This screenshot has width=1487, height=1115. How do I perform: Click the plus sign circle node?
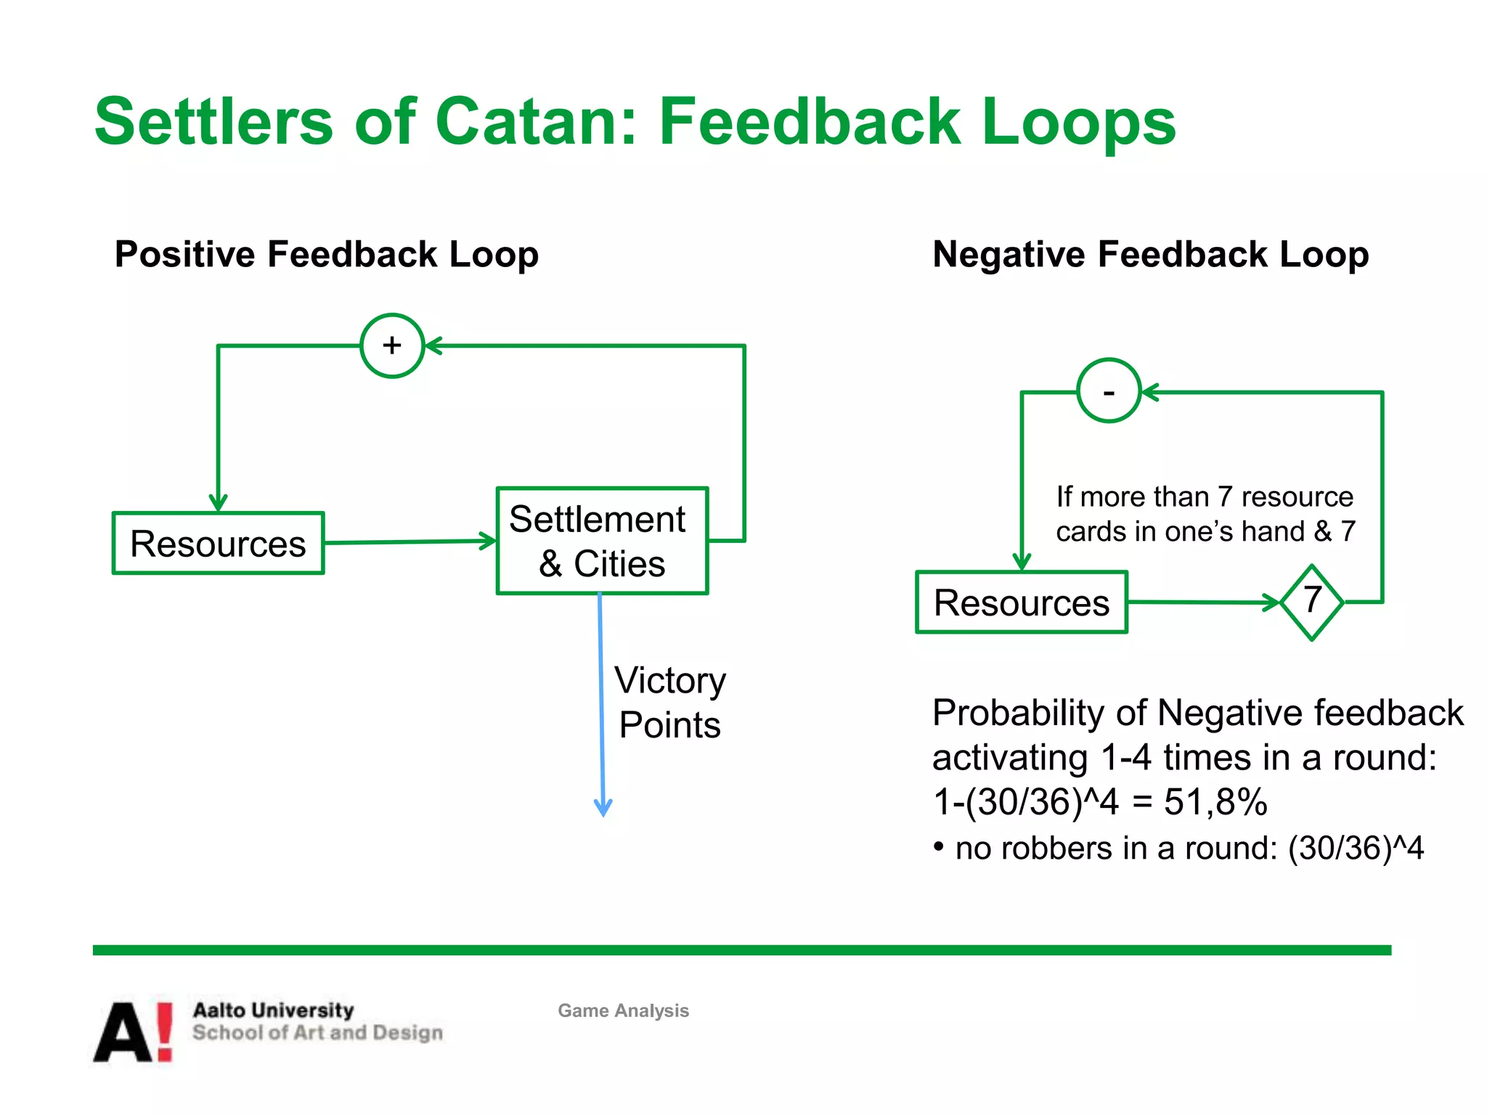pyautogui.click(x=392, y=346)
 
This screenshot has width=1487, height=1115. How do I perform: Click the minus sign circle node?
pyautogui.click(x=1109, y=391)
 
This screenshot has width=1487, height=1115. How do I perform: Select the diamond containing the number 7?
pyautogui.click(x=1311, y=602)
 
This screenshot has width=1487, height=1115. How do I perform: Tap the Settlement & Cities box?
pyautogui.click(x=602, y=541)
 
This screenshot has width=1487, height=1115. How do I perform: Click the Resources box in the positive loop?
pyautogui.click(x=218, y=544)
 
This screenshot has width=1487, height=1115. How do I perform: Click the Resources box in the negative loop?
pyautogui.click(x=1021, y=603)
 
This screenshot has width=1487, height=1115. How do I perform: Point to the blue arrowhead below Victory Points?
pyautogui.click(x=603, y=807)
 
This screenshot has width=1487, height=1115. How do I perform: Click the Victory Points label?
pyautogui.click(x=669, y=702)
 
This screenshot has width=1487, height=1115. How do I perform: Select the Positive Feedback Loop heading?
pyautogui.click(x=327, y=255)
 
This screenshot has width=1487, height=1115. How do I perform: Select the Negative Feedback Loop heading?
pyautogui.click(x=1150, y=255)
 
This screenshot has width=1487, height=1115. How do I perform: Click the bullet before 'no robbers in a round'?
pyautogui.click(x=939, y=846)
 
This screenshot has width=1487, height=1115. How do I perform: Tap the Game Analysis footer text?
pyautogui.click(x=623, y=1010)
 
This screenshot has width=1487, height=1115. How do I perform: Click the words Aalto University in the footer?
pyautogui.click(x=273, y=1010)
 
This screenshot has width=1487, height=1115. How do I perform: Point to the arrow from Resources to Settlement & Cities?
pyautogui.click(x=410, y=542)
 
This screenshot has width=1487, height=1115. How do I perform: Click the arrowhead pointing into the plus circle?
pyautogui.click(x=433, y=346)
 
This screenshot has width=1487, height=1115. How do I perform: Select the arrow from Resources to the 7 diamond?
pyautogui.click(x=1202, y=602)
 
